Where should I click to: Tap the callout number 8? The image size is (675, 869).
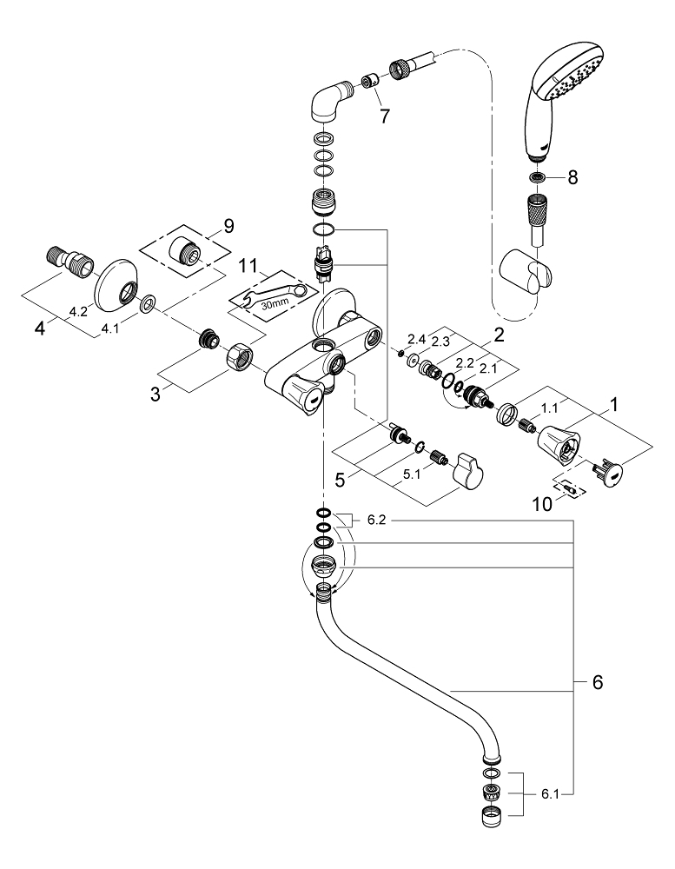click(x=572, y=177)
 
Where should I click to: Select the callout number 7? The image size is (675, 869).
click(x=384, y=116)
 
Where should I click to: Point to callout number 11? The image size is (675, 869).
click(x=248, y=266)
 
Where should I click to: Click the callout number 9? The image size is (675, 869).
click(x=228, y=226)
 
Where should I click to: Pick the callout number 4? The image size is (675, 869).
click(x=39, y=328)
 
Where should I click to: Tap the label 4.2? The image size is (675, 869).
click(x=78, y=312)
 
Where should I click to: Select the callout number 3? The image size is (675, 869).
click(x=156, y=394)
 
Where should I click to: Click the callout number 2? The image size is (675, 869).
click(x=499, y=335)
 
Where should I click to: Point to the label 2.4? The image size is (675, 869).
click(x=415, y=338)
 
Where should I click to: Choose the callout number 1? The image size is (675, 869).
click(x=613, y=405)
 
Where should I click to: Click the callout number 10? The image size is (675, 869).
click(x=543, y=504)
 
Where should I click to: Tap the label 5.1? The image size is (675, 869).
click(x=411, y=474)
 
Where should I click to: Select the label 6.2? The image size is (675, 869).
click(x=376, y=520)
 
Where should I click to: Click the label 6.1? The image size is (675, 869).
click(x=550, y=794)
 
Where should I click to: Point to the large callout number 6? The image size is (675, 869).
click(x=598, y=682)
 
